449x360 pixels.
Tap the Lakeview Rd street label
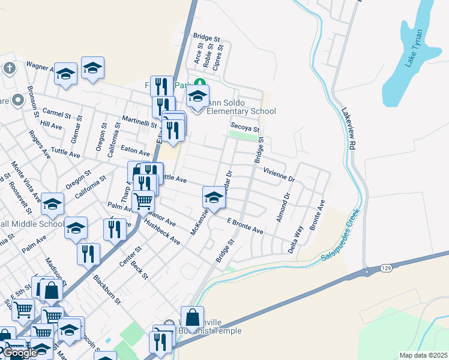coord(348,130)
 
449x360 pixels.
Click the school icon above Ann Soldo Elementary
coord(197,96)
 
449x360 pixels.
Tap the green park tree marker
coord(202,85)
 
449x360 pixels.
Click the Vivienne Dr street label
coord(279,175)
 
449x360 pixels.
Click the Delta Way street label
coord(296,239)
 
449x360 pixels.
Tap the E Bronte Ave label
coord(245,226)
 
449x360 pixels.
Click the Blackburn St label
coord(107,289)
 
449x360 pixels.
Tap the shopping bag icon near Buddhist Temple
coord(192,318)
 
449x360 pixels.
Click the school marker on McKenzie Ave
coord(213,197)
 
